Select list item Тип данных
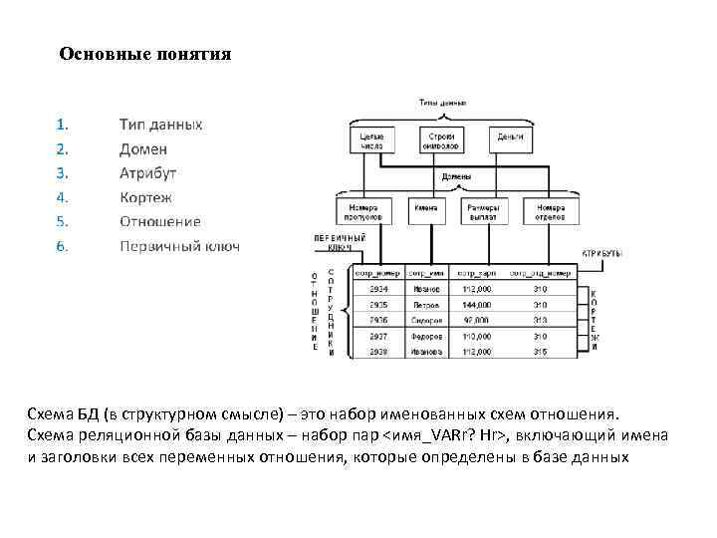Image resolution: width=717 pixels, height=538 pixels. pos(160,125)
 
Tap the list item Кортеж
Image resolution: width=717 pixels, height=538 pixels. pos(145,197)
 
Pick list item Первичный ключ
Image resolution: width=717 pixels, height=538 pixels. pos(179,246)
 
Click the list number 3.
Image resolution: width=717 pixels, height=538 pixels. pos(62,173)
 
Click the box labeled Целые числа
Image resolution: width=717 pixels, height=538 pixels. pos(370,138)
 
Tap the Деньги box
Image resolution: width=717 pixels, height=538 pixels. pos(510,137)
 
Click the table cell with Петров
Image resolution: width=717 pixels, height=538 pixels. pos(425,305)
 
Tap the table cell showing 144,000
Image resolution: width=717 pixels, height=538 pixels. pos(477,305)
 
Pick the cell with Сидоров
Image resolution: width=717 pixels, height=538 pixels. pos(425,321)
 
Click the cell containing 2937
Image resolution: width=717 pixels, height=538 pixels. pos(378,336)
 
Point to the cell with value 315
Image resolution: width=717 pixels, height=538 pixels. pos(540,352)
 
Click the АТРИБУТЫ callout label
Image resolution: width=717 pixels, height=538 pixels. pos(601,254)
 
